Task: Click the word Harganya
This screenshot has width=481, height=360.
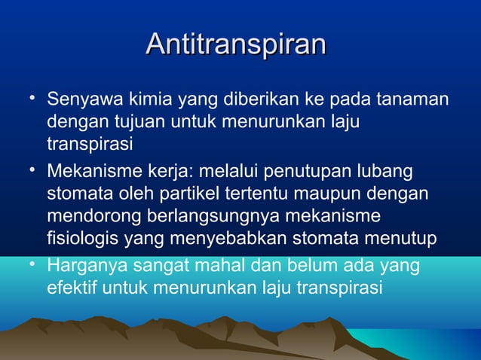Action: (84, 267)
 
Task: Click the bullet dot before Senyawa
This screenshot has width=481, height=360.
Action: (27, 98)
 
